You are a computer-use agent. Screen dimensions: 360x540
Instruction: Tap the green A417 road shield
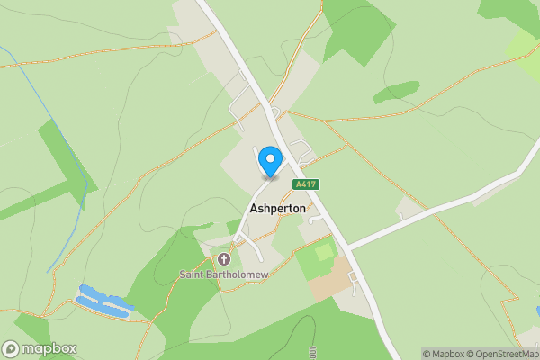tap(305, 184)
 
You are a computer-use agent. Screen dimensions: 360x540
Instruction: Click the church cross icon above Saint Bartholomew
tap(222, 259)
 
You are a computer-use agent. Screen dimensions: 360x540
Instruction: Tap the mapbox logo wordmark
tap(49, 348)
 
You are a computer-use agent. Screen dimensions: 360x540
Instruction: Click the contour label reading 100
tap(313, 352)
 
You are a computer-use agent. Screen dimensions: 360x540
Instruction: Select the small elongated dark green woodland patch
tap(396, 91)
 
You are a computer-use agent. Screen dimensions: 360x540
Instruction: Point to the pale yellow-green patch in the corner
tap(524, 45)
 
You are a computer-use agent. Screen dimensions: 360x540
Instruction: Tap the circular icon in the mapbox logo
tap(12, 348)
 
